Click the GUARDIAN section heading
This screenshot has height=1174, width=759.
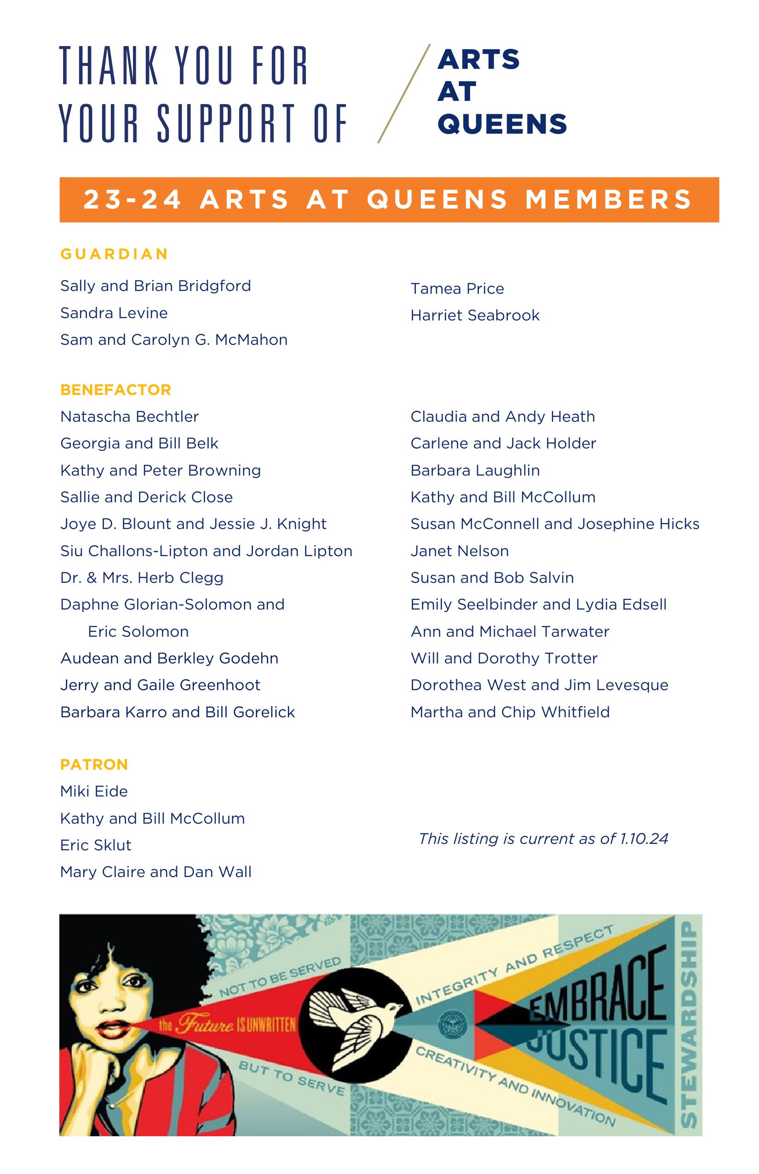(115, 254)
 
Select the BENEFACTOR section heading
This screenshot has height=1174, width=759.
(116, 389)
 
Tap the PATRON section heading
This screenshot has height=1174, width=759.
(94, 765)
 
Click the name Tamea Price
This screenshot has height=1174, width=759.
(457, 289)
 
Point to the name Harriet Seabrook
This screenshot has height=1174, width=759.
(475, 315)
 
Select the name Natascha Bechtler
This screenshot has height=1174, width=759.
(130, 417)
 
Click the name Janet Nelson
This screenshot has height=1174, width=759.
(460, 551)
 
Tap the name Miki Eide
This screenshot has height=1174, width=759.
(94, 792)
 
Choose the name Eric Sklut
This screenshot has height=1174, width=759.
(96, 845)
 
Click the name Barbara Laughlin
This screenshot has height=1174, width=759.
(475, 471)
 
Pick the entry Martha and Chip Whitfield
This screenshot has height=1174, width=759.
(510, 712)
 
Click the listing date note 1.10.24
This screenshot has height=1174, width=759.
(543, 839)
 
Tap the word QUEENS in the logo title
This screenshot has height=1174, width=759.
(502, 123)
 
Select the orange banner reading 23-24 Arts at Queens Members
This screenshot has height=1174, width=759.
(389, 200)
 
